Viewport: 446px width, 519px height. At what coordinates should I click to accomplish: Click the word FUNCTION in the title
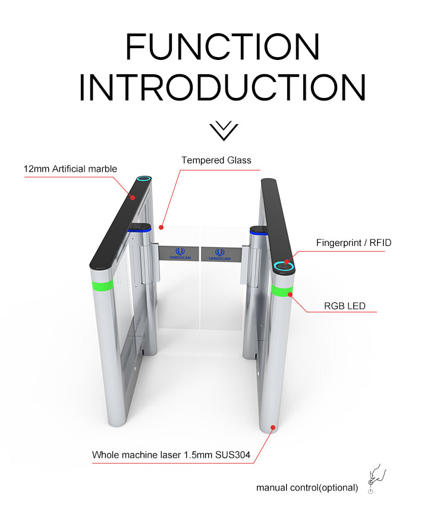click(222, 46)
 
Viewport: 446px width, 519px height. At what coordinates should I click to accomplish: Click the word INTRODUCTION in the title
click(222, 87)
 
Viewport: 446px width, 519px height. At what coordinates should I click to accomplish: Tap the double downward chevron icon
click(224, 131)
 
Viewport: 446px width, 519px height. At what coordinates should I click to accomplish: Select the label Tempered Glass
click(216, 160)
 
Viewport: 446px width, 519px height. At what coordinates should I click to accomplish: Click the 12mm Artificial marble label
click(70, 169)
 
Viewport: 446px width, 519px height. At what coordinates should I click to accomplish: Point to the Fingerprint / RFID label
click(354, 243)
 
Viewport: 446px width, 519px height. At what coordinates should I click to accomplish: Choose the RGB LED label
click(344, 306)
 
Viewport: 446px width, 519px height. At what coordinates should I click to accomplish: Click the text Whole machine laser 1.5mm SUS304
click(171, 455)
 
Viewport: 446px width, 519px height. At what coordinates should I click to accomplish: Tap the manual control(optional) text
click(307, 488)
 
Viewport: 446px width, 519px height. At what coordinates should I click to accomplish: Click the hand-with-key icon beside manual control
click(376, 478)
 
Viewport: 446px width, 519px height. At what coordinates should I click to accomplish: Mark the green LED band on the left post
click(102, 285)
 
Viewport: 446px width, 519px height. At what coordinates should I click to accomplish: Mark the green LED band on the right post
click(282, 290)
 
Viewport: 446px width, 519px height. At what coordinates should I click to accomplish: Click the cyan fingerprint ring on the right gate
click(284, 266)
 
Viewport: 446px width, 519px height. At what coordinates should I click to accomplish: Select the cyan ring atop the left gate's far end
click(144, 179)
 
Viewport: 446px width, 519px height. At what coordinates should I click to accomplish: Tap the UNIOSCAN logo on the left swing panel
click(180, 254)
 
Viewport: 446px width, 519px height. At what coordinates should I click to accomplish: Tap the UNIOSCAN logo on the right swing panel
click(219, 255)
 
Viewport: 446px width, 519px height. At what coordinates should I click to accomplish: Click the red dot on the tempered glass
click(161, 227)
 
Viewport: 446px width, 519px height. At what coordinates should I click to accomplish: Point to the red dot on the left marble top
click(133, 198)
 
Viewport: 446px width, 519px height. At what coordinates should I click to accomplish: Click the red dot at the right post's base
click(273, 428)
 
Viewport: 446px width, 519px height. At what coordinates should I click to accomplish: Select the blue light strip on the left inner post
click(140, 229)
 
